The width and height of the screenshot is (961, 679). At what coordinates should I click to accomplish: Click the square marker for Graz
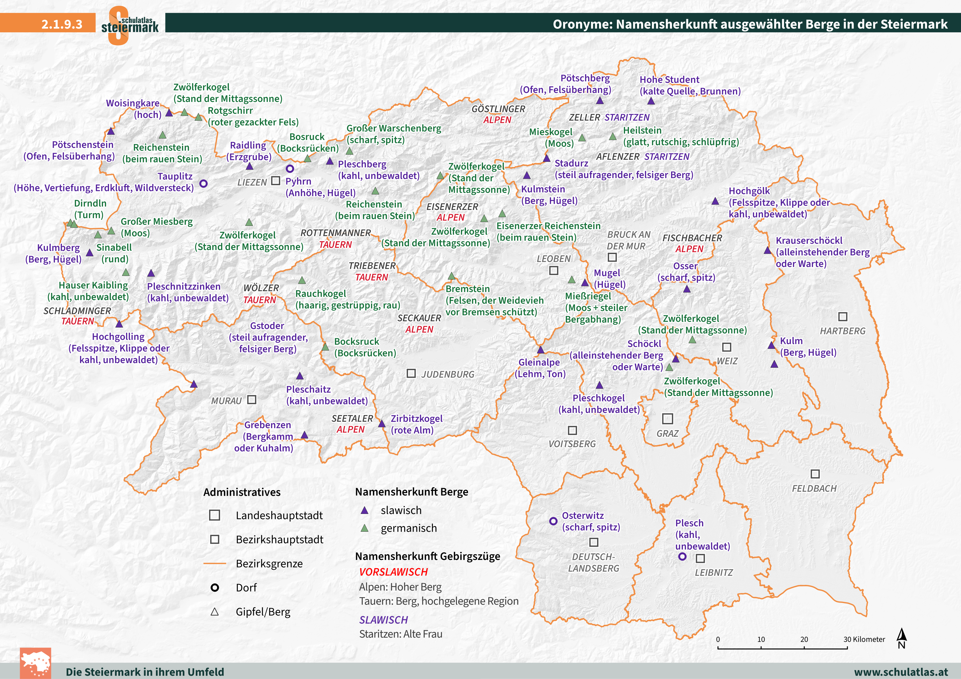tap(667, 419)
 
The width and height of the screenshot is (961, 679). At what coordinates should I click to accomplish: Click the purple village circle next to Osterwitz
tap(553, 521)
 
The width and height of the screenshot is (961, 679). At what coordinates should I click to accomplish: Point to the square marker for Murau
tap(252, 400)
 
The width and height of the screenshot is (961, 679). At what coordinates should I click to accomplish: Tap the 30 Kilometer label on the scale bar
tap(864, 639)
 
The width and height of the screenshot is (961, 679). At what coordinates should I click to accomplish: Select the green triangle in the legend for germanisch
tap(364, 528)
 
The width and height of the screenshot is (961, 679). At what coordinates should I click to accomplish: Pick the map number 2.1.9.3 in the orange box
tap(62, 24)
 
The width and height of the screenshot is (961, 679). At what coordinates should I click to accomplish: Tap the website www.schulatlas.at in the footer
tap(901, 672)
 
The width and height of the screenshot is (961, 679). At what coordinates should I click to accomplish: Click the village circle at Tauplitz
tap(203, 183)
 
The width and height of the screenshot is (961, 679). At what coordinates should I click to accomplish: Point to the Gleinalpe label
tap(539, 362)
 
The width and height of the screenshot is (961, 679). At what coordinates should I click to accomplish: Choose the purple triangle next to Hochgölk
tap(715, 202)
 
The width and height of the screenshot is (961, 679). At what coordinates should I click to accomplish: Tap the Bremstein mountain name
tap(467, 289)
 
